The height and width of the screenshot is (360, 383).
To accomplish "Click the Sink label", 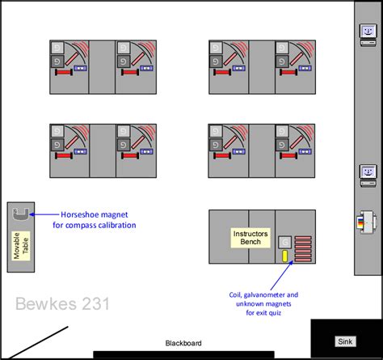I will (x=345, y=341).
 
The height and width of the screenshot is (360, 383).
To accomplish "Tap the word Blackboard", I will (x=183, y=343).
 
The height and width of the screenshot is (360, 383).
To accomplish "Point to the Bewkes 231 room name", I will (x=62, y=304).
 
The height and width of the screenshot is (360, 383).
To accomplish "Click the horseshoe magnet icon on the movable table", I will (x=22, y=214).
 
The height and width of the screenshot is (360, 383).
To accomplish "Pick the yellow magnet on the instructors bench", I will (x=285, y=256).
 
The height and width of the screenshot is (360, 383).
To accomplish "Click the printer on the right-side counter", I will (x=365, y=219).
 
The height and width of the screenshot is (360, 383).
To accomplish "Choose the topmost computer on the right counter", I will (x=368, y=31).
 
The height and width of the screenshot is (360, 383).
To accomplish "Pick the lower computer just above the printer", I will (x=368, y=172).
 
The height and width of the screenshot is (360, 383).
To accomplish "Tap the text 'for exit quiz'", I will (x=265, y=313).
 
